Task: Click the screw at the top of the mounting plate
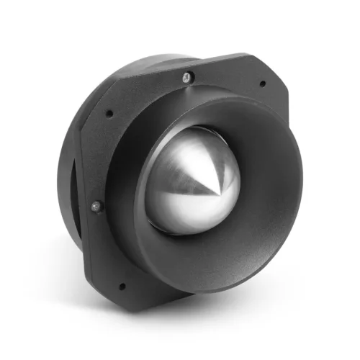[x=186, y=76]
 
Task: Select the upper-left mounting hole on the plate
[x=109, y=113]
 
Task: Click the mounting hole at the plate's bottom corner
[x=121, y=286]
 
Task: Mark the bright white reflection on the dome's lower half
[x=180, y=216]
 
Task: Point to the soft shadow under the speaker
[x=216, y=317]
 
